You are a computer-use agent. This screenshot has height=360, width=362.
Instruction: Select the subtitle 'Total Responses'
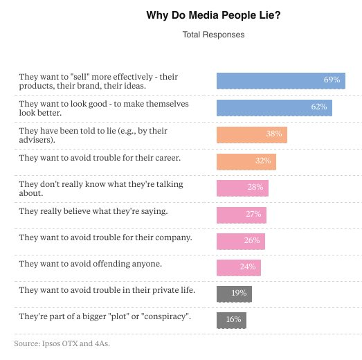[213, 35]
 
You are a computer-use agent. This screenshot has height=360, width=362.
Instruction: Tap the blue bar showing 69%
[280, 80]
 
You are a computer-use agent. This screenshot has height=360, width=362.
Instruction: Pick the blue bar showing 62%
[274, 107]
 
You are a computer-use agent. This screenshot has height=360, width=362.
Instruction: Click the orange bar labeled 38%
[251, 134]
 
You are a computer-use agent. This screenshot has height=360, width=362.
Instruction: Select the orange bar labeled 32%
[246, 161]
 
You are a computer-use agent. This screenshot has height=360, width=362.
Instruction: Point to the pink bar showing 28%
[242, 188]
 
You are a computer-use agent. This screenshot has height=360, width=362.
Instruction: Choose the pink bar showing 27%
[242, 214]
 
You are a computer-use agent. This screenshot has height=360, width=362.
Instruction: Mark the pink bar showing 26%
[241, 240]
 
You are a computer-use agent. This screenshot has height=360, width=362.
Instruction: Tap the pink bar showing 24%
[239, 267]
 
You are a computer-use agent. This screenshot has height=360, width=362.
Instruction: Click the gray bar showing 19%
[234, 293]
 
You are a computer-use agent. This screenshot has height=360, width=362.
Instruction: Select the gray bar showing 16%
[231, 320]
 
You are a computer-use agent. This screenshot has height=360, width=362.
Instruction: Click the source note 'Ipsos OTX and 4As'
[62, 343]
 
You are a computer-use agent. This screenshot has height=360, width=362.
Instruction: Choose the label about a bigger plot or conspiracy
[104, 316]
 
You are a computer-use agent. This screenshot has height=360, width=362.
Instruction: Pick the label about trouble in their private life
[107, 290]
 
